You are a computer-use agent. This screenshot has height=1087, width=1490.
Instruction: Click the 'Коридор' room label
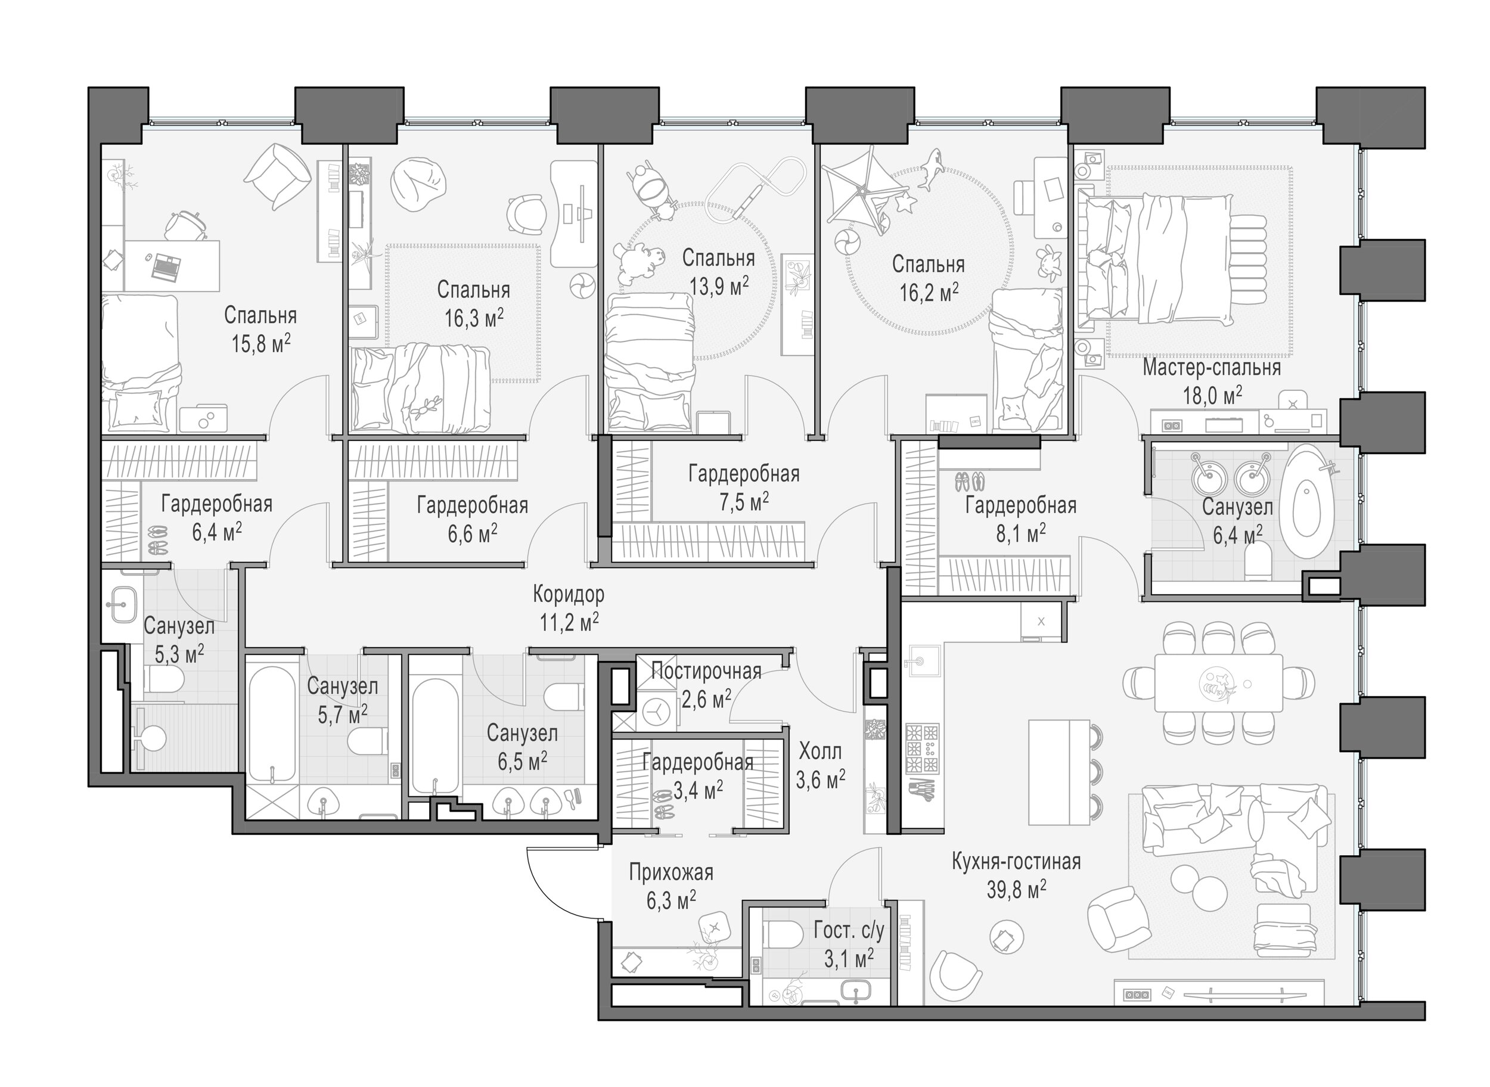[569, 595]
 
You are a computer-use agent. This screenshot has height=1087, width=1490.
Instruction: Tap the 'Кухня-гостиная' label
[1016, 862]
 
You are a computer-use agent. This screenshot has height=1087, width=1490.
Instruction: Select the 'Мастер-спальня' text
[1212, 367]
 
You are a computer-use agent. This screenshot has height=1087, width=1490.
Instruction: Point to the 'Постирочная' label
[706, 671]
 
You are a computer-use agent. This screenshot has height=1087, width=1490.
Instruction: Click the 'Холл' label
[820, 751]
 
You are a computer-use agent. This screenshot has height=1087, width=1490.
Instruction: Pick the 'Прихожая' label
[670, 872]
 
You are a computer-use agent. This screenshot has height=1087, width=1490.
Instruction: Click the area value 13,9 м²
[719, 286]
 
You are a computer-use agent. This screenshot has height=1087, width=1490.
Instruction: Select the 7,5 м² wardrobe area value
[744, 502]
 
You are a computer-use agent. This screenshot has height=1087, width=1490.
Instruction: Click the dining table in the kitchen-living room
[1218, 682]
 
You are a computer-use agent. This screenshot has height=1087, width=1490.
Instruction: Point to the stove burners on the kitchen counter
[923, 748]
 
